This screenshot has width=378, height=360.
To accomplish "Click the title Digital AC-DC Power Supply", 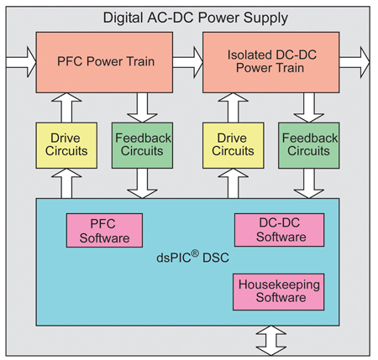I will click(188, 17).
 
